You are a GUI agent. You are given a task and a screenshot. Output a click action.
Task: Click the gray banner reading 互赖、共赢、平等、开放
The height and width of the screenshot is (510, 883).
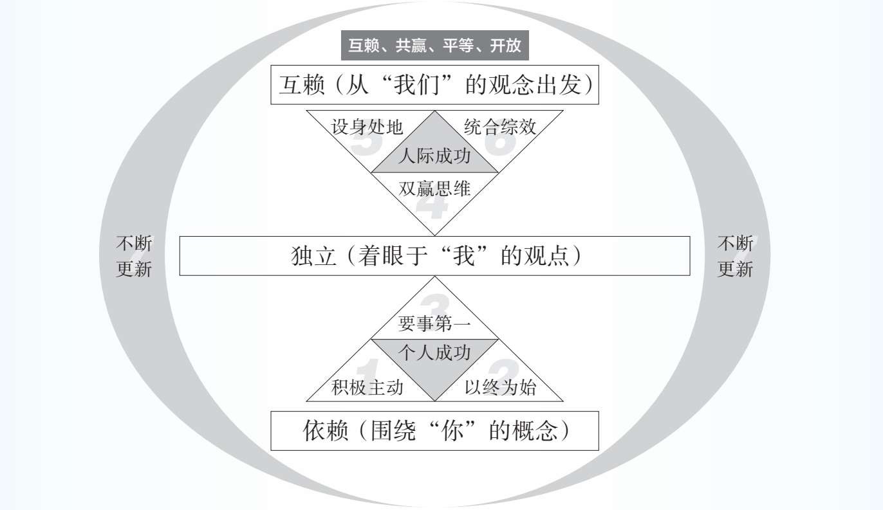(434, 46)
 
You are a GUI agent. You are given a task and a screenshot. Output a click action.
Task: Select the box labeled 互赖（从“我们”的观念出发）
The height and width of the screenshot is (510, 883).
(434, 85)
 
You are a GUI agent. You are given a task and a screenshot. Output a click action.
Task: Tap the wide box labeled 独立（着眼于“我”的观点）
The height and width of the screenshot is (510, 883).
(434, 256)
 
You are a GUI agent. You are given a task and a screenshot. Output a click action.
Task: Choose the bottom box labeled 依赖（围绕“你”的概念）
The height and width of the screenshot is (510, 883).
(434, 431)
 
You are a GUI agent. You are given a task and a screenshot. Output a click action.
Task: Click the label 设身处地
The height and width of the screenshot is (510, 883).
(367, 127)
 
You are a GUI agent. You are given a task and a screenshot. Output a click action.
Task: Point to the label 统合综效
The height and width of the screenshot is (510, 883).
(500, 127)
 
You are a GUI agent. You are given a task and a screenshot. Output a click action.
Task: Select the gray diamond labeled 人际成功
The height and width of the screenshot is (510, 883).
(434, 156)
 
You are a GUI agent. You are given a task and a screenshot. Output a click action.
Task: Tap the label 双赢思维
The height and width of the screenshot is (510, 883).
(434, 189)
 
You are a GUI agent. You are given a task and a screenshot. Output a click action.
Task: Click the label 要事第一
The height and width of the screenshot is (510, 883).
(434, 324)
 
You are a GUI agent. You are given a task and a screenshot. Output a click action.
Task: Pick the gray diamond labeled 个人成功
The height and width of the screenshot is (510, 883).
(434, 353)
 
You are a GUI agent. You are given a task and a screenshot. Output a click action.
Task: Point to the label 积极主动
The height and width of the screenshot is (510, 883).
(367, 387)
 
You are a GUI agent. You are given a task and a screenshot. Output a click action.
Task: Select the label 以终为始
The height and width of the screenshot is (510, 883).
(500, 387)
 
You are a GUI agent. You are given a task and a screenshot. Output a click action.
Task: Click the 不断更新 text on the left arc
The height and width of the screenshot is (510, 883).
(134, 256)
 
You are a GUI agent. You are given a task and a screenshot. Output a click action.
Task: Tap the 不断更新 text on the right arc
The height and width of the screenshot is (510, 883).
(735, 256)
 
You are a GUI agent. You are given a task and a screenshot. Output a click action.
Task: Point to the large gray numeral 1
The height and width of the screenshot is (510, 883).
(367, 371)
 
